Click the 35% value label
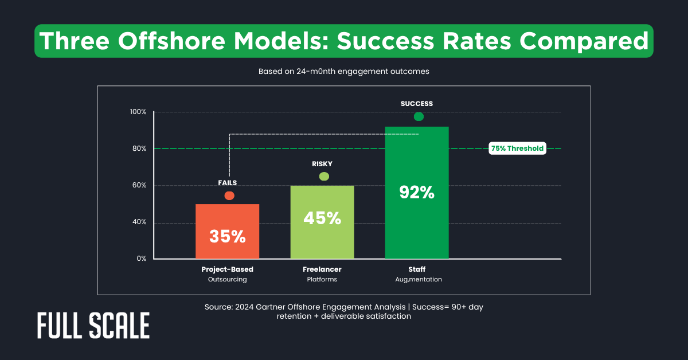pos(227,236)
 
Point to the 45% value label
pos(322,218)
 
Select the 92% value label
pos(417,192)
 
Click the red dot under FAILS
pos(229,196)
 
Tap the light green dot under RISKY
pos(324,177)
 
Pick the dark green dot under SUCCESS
pos(419,117)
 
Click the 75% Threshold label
pos(517,148)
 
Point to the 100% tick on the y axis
pos(139,112)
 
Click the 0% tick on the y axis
pos(141,259)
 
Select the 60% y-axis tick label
pos(139,185)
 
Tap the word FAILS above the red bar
pos(227,183)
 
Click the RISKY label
pos(322,164)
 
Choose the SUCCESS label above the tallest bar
pos(417,104)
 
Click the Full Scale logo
pos(93,326)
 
